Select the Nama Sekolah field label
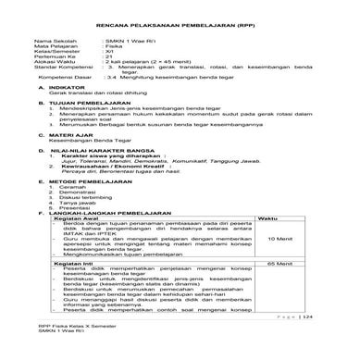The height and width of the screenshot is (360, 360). click(x=52, y=42)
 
